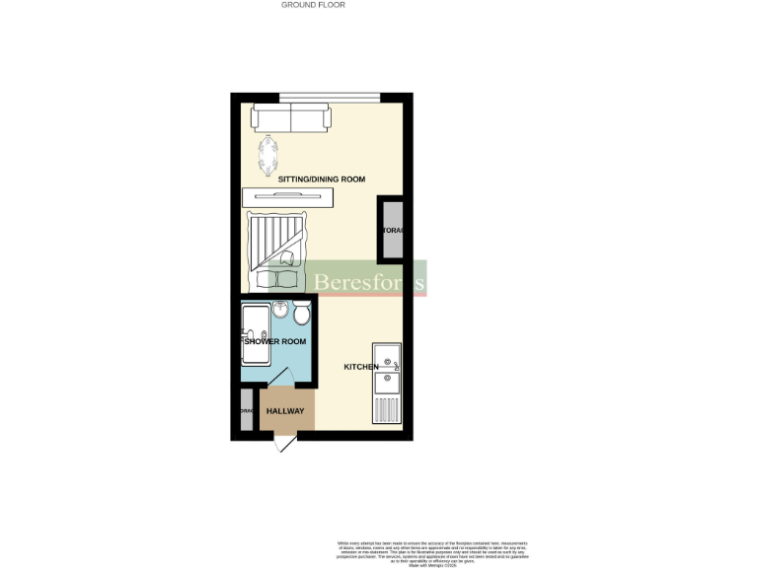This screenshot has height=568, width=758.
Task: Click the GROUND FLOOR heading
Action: [x=313, y=5]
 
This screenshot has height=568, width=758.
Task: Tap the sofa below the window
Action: [x=290, y=119]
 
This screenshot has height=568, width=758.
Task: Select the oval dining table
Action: [x=267, y=154]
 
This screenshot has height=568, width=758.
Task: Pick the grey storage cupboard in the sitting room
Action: [x=392, y=231]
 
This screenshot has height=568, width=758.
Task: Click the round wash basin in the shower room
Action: [x=280, y=312]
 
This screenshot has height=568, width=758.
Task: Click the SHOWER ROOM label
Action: [x=275, y=341]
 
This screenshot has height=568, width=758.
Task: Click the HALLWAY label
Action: [x=285, y=411]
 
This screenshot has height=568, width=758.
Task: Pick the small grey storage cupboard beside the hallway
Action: [x=247, y=411]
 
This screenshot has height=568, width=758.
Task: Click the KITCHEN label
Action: [x=360, y=367]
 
